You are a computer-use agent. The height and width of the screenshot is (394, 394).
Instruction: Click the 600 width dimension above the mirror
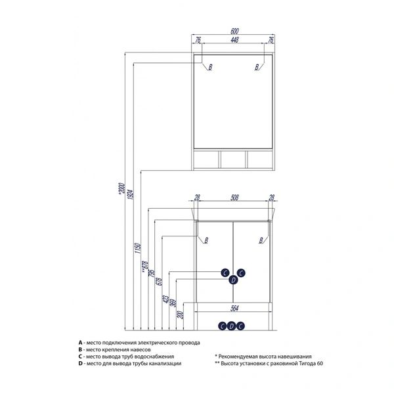234,32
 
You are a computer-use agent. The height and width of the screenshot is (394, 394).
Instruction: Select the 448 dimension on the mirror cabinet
234,39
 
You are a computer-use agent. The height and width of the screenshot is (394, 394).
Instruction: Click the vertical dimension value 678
160,282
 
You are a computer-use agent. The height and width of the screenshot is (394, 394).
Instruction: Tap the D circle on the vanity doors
232,280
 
